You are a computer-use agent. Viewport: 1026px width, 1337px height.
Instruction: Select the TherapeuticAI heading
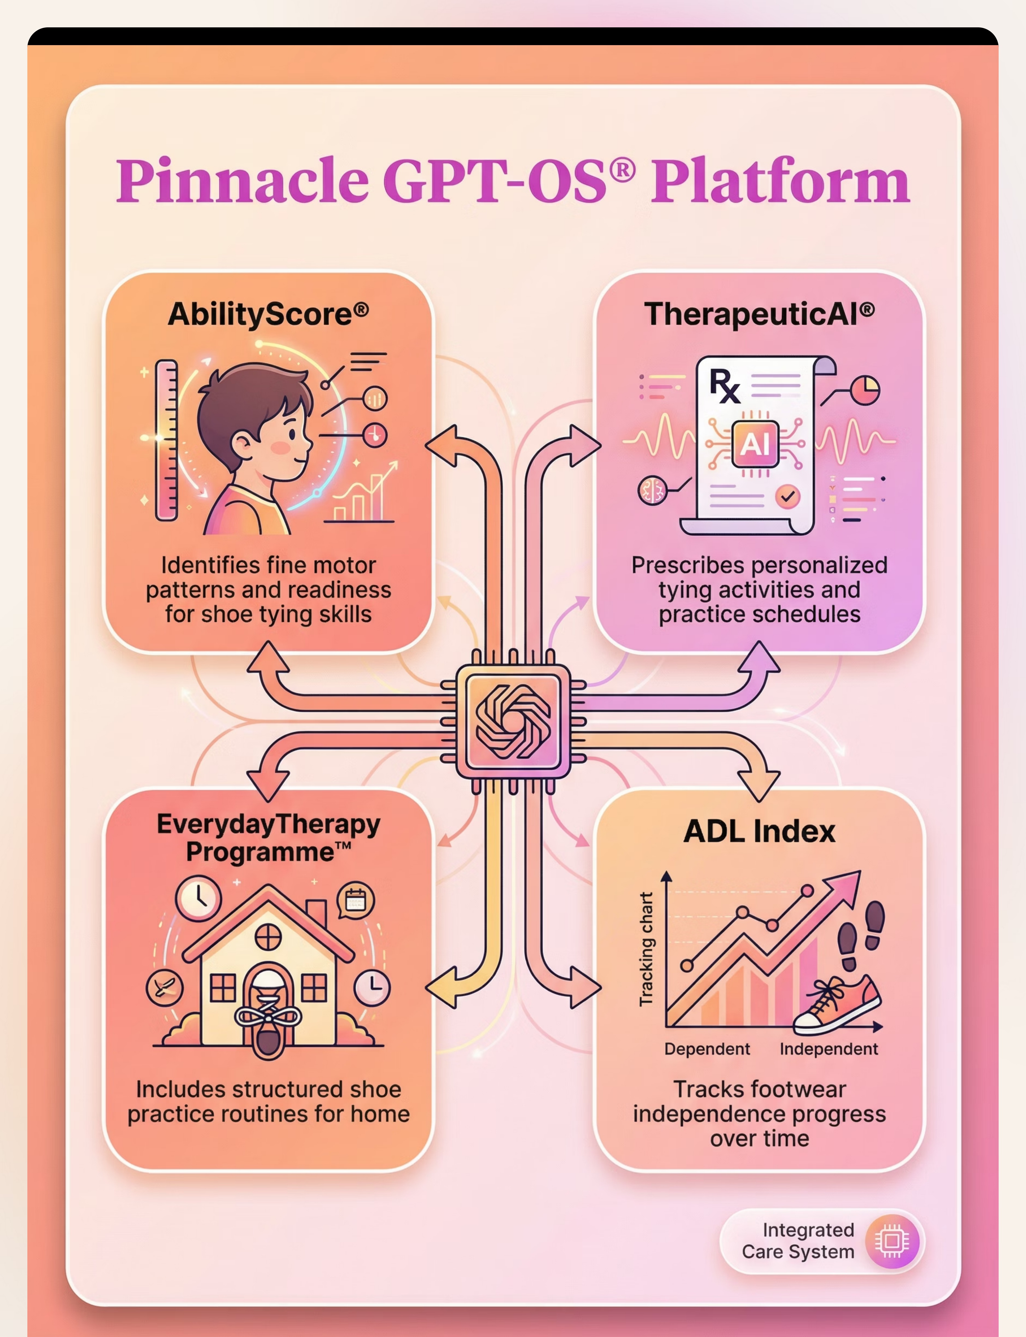(x=759, y=314)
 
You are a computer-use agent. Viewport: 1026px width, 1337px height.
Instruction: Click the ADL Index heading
(x=759, y=831)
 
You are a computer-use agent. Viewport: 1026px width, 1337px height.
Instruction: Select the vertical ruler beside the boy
(x=166, y=440)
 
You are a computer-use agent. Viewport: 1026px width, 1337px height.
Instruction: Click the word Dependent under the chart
(x=707, y=1049)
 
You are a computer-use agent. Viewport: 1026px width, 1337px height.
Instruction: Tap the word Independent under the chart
(x=828, y=1049)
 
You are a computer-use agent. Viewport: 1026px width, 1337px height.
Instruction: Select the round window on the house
(x=268, y=936)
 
